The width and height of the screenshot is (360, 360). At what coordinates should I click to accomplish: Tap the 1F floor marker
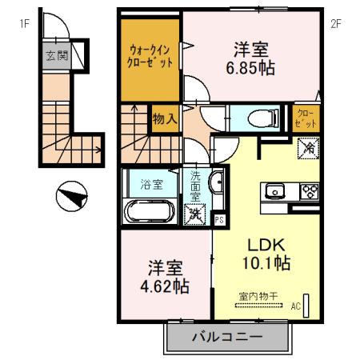tap(25, 23)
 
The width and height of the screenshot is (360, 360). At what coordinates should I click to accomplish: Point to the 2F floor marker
tap(336, 23)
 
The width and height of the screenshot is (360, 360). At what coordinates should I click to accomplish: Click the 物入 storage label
tap(164, 119)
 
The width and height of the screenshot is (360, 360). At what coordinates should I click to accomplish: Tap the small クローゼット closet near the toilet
tap(306, 118)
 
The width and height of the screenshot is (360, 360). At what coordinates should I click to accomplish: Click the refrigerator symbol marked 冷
tap(308, 148)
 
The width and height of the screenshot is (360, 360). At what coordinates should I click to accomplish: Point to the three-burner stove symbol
tap(309, 191)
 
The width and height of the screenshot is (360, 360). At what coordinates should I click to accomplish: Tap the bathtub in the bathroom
tap(149, 213)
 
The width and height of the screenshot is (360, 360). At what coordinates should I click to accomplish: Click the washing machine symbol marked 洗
tap(194, 214)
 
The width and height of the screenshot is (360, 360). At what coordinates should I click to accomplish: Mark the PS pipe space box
tap(219, 218)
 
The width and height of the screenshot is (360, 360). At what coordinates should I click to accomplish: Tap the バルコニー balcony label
tap(226, 337)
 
